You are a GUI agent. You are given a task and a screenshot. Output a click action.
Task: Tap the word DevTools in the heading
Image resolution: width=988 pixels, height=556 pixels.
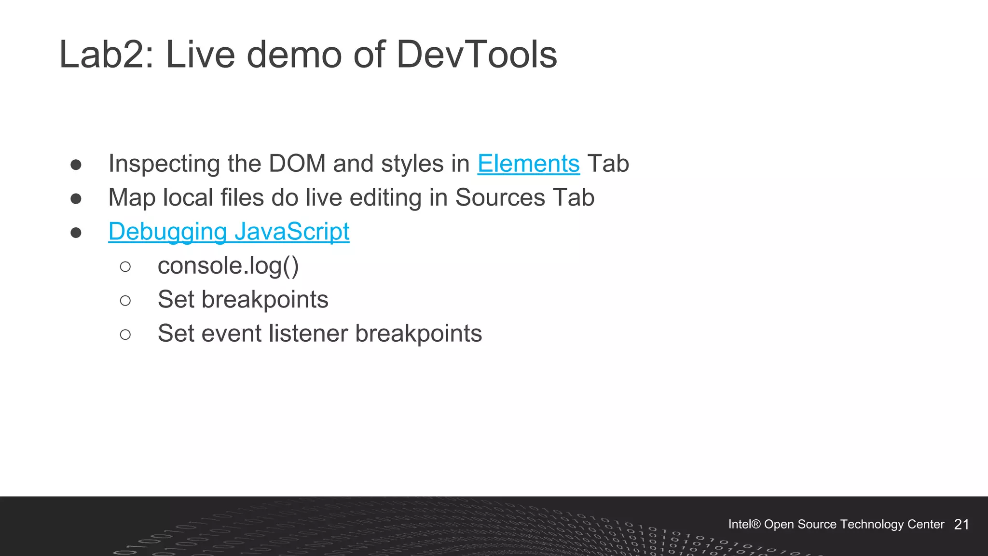477,55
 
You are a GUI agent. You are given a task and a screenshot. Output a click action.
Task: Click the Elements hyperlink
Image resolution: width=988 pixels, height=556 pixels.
528,164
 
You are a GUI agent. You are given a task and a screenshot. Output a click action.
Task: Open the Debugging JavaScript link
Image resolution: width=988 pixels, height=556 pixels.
229,232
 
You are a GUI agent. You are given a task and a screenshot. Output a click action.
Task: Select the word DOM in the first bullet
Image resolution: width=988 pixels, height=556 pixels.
297,164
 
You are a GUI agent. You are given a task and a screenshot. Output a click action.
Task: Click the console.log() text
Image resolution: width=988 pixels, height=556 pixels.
228,266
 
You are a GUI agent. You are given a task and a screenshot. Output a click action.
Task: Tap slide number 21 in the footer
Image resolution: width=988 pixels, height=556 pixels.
961,525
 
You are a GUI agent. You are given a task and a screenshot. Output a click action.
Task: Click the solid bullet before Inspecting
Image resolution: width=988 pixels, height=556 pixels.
76,165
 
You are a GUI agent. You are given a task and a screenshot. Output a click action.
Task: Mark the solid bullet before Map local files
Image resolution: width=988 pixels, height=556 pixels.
76,199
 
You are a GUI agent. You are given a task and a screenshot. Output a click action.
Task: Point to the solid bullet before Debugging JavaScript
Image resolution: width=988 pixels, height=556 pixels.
76,233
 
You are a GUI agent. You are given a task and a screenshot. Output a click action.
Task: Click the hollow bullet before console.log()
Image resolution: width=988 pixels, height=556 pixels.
125,267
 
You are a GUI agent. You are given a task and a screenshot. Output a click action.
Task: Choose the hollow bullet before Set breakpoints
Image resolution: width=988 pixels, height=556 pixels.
125,301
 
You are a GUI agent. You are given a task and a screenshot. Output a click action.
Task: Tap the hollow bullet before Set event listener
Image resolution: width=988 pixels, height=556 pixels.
125,334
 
